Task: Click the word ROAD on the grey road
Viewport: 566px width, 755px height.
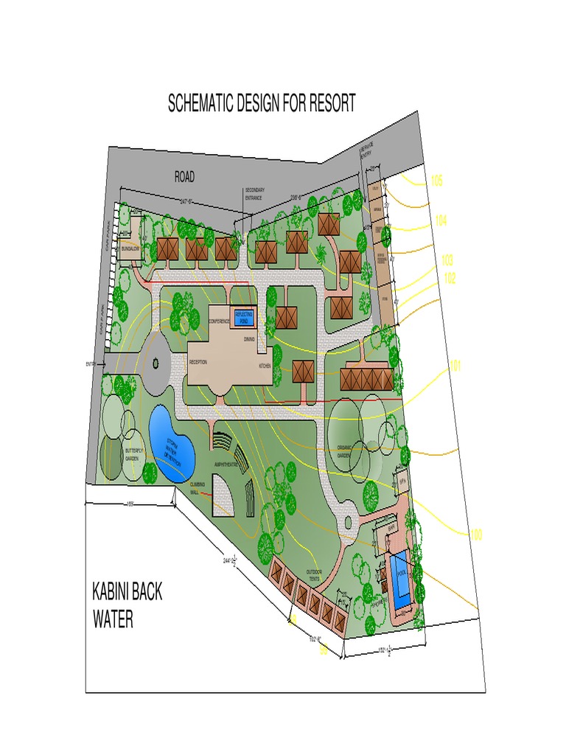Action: [184, 177]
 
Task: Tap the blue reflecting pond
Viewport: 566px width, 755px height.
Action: [244, 317]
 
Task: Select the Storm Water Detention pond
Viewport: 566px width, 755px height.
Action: [172, 445]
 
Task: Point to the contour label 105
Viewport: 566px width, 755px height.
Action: [437, 181]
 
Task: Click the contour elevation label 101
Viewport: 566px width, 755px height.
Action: [455, 366]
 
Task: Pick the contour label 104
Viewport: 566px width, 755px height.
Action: [441, 220]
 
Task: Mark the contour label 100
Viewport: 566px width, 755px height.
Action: [476, 534]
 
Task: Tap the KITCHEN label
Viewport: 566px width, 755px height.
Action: [265, 366]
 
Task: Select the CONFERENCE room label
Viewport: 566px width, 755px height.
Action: [220, 322]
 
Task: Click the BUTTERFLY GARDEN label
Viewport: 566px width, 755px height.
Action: [133, 454]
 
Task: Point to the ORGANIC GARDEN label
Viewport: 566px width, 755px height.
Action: [346, 451]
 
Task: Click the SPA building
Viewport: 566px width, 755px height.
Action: [402, 480]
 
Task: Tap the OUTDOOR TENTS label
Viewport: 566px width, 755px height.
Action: [315, 575]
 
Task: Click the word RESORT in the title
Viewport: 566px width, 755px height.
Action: [327, 103]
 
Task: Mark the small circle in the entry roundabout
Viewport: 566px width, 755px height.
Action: [156, 363]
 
